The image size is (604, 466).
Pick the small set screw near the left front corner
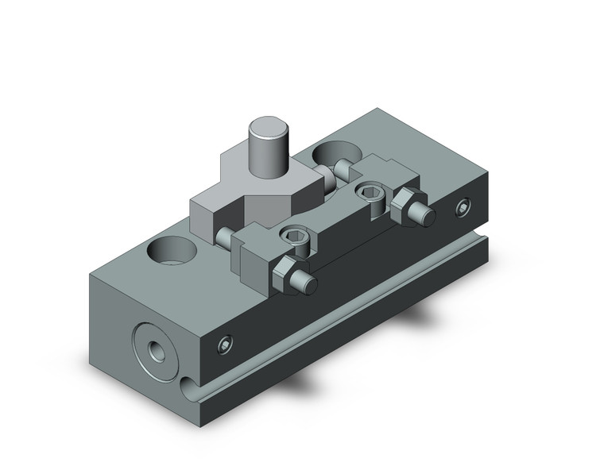pos(226,344)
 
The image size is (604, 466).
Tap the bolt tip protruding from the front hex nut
pos(305,285)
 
